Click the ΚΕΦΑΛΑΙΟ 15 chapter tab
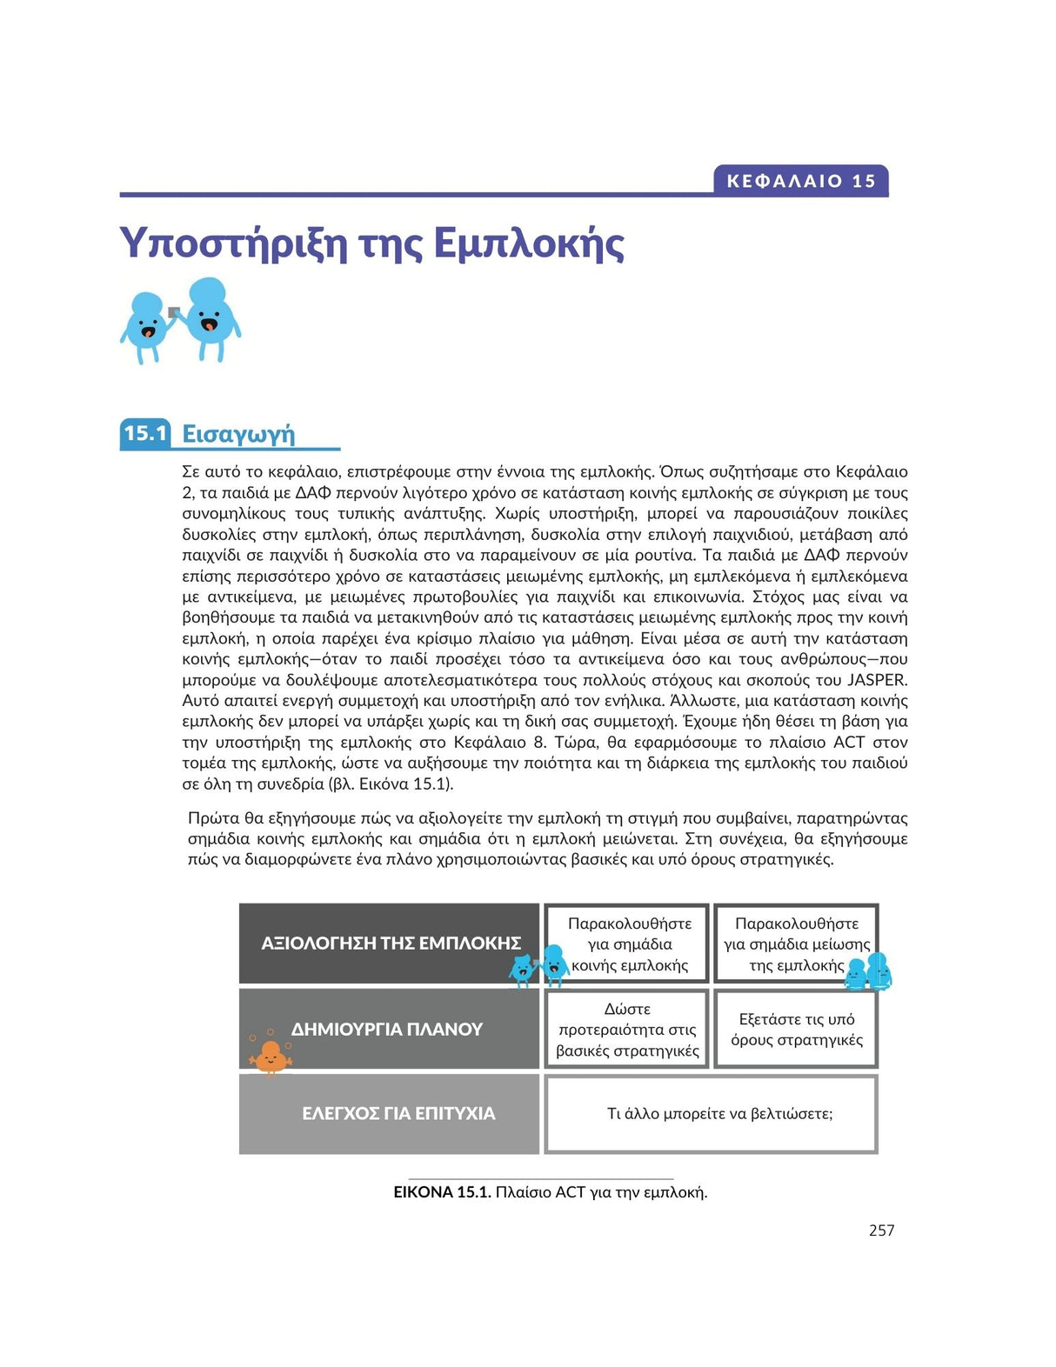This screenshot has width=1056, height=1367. (x=800, y=181)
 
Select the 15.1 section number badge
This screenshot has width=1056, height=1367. (x=145, y=433)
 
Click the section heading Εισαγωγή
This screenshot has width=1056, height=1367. (x=238, y=433)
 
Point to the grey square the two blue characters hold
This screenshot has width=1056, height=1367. (x=174, y=312)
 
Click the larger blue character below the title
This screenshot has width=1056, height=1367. (x=210, y=317)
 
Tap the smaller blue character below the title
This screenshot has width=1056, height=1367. (x=145, y=326)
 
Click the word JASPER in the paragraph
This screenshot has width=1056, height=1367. (x=877, y=680)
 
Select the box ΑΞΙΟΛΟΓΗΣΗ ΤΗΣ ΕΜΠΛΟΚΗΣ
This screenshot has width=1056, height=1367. (x=390, y=944)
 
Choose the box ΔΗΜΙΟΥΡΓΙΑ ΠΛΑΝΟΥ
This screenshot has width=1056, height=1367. (x=390, y=1029)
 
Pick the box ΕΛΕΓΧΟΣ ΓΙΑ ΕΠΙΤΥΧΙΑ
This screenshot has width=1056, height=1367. (x=390, y=1114)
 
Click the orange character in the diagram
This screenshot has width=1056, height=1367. (x=270, y=1057)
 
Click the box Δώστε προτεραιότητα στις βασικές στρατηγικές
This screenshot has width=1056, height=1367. (x=627, y=1030)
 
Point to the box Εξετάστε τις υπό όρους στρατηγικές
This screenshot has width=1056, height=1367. (x=796, y=1030)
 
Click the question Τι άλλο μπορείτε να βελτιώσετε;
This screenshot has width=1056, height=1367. (x=719, y=1114)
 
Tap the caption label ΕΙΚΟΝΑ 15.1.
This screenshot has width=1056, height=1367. (x=442, y=1192)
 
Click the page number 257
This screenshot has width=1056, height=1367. (x=881, y=1230)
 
